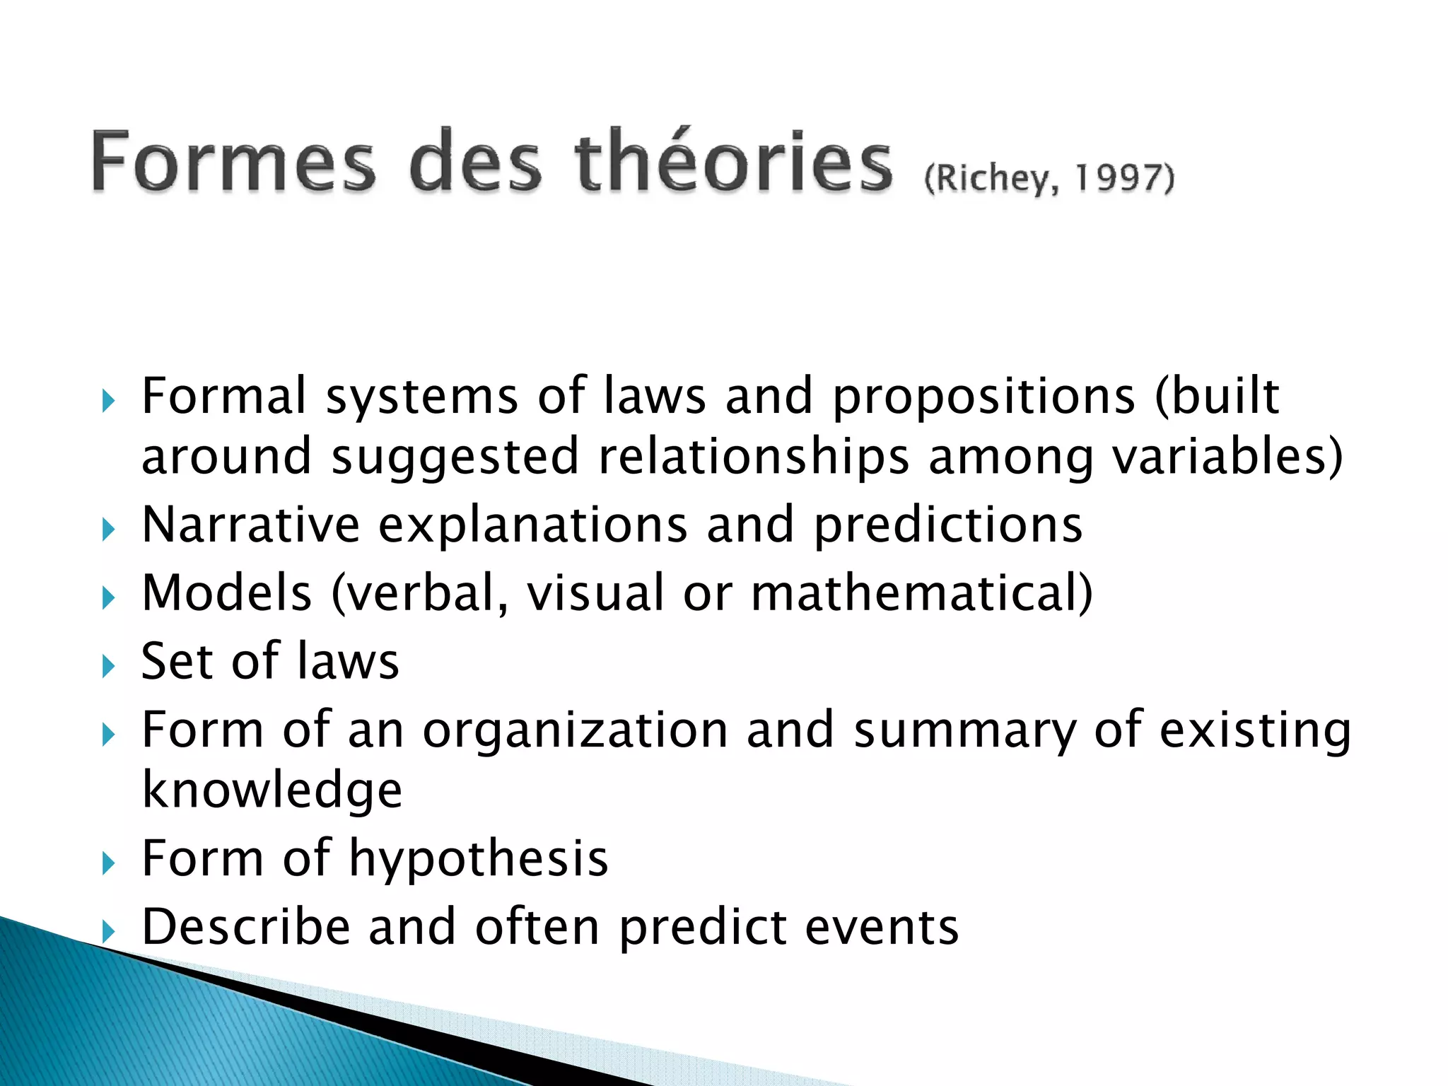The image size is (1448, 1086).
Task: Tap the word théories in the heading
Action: click(x=733, y=160)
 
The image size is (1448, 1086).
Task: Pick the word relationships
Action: click(x=754, y=457)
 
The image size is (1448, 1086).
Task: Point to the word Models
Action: click(x=227, y=592)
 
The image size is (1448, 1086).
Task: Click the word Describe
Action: click(x=246, y=927)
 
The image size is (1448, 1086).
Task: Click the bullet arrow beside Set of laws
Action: click(x=108, y=666)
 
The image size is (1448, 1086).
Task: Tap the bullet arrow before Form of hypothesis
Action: click(x=108, y=863)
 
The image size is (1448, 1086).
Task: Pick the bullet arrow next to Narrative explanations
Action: click(x=108, y=529)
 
